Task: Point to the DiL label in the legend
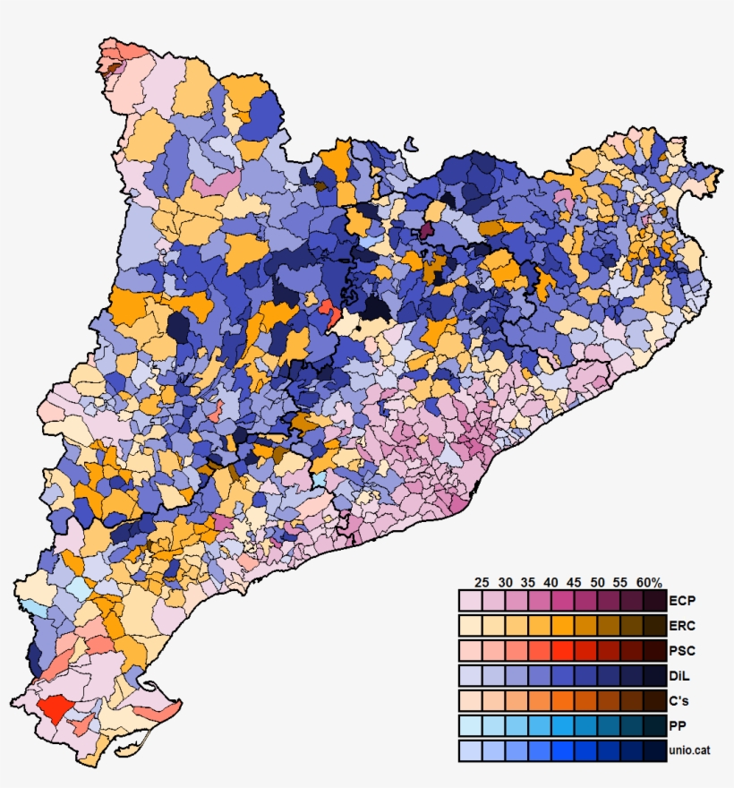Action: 679,675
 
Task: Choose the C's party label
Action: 679,700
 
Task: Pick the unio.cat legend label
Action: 695,750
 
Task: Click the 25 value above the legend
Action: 482,582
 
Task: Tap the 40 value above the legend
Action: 550,582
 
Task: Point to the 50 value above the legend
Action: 597,582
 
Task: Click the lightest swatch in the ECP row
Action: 470,600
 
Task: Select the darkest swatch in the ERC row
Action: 654,625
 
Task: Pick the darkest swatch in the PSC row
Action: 654,650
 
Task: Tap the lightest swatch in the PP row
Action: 470,725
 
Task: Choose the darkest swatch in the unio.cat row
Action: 654,750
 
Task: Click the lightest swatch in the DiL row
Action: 470,675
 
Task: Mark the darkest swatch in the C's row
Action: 654,700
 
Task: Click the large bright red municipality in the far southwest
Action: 55,710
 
